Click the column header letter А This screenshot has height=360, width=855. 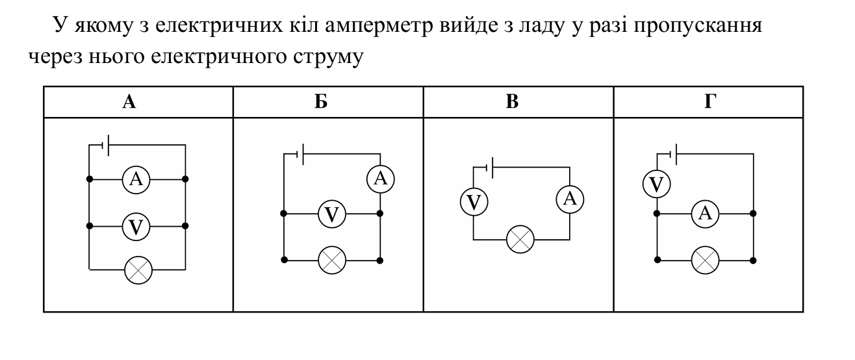129,102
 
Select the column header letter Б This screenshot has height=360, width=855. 321,102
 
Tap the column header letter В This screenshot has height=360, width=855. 512,102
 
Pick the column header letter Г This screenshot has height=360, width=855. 710,102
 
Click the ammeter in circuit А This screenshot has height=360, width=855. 136,179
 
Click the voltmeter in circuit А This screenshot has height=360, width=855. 136,227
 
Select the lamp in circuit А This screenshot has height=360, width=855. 138,270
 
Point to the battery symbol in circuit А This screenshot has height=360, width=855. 105,146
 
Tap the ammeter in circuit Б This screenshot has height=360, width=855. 381,179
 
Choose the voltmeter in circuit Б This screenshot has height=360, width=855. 332,214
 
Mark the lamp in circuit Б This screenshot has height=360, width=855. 332,261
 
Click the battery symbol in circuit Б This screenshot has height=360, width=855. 300,154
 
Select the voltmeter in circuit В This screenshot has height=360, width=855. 474,202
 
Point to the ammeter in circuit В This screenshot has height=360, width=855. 570,199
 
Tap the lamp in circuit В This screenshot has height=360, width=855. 520,239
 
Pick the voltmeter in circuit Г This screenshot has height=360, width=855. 656,185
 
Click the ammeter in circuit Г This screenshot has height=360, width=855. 705,214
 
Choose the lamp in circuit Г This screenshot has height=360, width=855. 705,261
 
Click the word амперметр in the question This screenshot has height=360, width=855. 379,26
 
